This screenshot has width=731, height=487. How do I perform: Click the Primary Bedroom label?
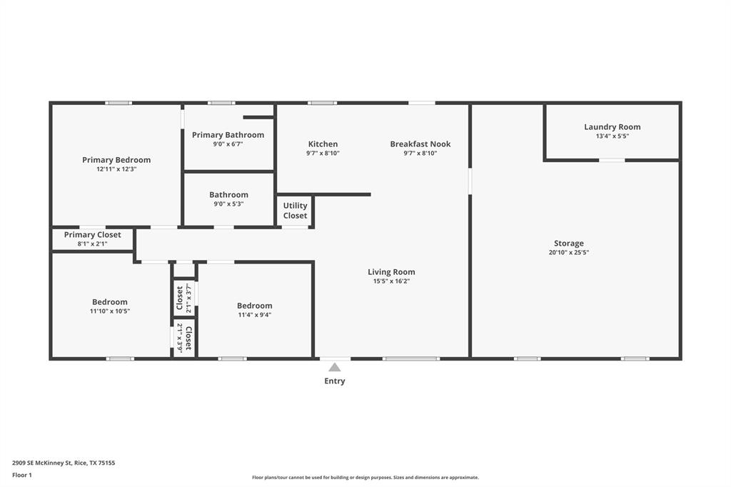click(x=116, y=160)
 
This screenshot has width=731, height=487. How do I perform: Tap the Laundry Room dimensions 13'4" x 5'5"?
click(x=612, y=136)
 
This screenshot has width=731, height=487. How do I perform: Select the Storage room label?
click(x=568, y=243)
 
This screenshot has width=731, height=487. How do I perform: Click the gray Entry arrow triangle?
click(x=334, y=367)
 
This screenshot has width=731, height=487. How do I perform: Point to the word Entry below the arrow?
click(x=334, y=381)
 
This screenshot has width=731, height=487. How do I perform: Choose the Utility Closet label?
click(x=295, y=211)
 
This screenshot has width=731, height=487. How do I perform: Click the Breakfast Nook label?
click(x=420, y=144)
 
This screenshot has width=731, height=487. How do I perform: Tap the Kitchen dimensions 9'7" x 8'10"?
click(x=323, y=153)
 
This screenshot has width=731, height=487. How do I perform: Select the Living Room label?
click(x=391, y=272)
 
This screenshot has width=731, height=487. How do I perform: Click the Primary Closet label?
click(x=92, y=235)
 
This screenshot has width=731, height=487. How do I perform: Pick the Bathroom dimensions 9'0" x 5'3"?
click(x=228, y=204)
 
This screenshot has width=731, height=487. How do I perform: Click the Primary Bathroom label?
click(x=228, y=135)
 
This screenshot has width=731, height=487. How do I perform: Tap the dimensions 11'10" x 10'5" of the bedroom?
click(x=110, y=311)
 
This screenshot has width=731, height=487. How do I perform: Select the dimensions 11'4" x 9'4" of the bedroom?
click(x=254, y=315)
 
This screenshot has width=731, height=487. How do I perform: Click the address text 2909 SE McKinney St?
click(x=64, y=463)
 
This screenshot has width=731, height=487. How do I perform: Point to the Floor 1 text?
click(x=22, y=475)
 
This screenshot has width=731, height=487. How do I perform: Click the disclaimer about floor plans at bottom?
click(x=365, y=478)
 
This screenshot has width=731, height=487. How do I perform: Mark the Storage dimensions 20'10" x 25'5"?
click(x=568, y=252)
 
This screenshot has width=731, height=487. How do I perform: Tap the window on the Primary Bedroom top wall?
click(x=119, y=104)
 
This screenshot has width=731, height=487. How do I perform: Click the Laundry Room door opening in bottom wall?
click(x=612, y=160)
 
